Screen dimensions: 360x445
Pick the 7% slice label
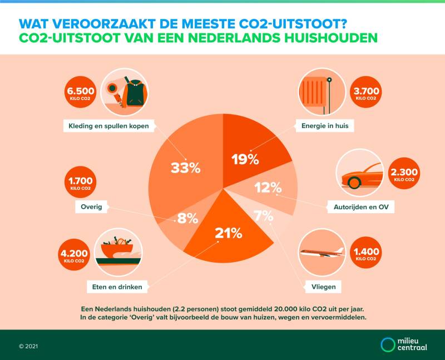(260, 215)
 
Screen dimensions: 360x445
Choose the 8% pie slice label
(187, 218)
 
